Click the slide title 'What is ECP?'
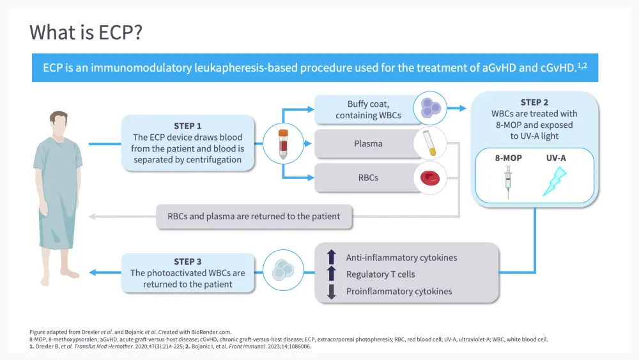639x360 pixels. (86, 32)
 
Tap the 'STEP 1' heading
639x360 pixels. (188, 125)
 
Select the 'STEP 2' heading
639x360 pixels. (534, 102)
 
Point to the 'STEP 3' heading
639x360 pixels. (188, 262)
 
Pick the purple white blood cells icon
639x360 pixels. (429, 107)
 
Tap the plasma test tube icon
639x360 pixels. (429, 144)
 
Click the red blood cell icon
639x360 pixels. (429, 178)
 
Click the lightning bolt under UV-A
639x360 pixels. (553, 180)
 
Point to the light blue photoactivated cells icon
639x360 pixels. (282, 272)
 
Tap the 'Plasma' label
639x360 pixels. (368, 144)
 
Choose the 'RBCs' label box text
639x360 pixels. (367, 177)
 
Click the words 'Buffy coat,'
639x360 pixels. (368, 104)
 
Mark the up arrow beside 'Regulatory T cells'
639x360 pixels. (331, 274)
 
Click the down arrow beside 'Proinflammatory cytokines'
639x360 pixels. (331, 292)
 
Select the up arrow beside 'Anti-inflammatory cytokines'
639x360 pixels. (331, 257)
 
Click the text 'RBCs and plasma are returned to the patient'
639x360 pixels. (254, 216)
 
